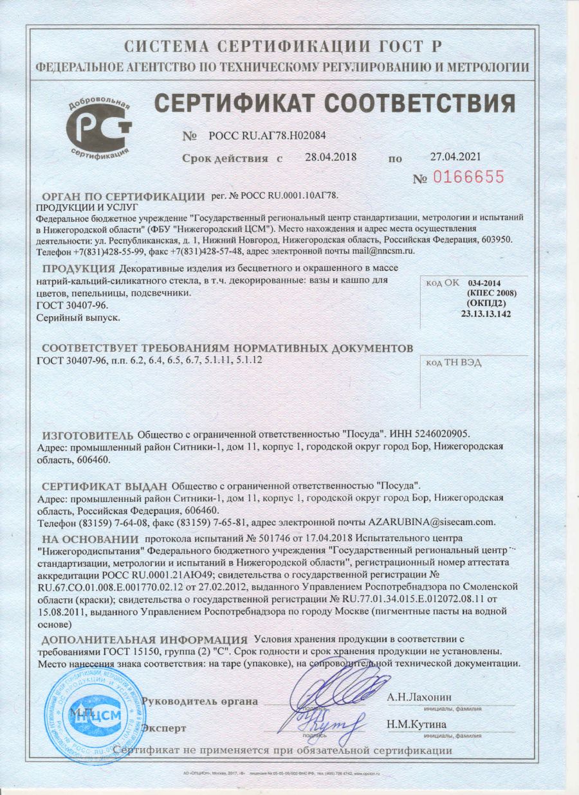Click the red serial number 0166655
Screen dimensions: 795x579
(x=467, y=177)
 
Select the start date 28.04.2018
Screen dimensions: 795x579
(x=331, y=157)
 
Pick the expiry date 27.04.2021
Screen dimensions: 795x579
(x=455, y=156)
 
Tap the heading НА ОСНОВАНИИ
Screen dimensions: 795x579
(x=90, y=539)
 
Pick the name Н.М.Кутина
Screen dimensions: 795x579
(x=417, y=724)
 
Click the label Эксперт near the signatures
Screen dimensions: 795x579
(x=163, y=728)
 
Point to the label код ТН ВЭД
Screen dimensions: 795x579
(x=454, y=363)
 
